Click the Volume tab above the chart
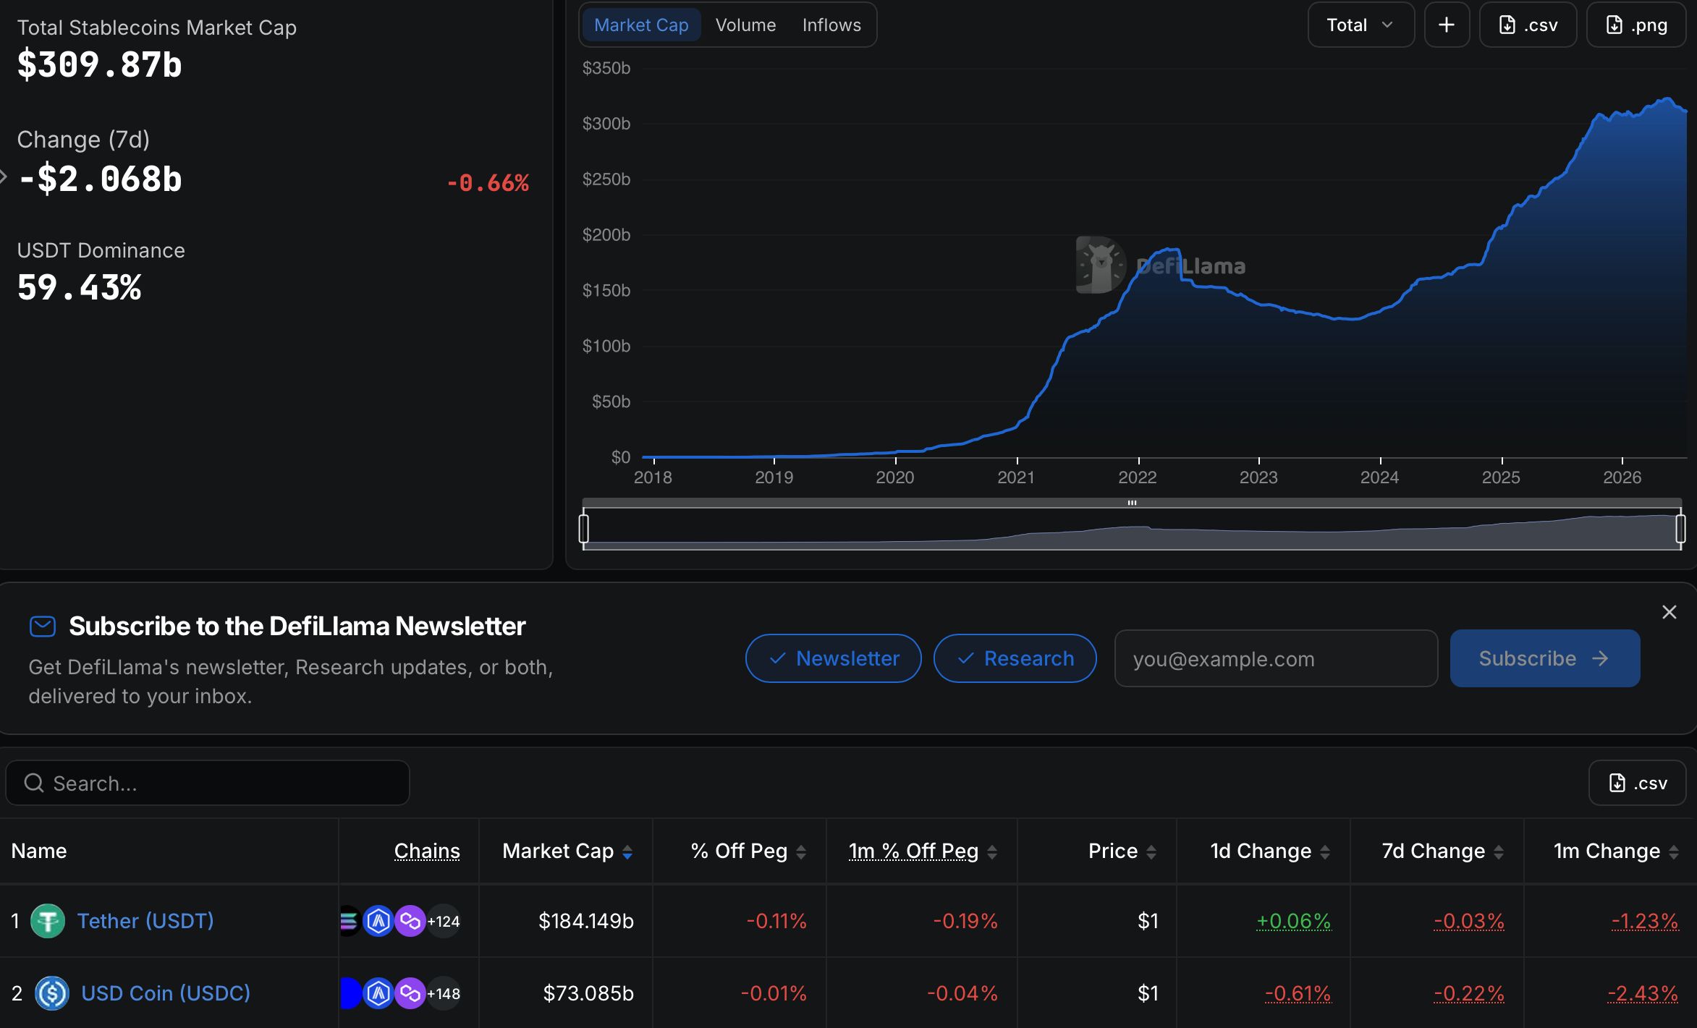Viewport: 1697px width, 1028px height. pos(745,25)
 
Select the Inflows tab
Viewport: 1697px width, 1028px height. pos(831,25)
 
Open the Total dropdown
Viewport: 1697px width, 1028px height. pos(1360,25)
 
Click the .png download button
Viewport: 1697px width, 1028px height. pos(1636,25)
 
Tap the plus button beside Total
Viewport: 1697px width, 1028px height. pos(1447,25)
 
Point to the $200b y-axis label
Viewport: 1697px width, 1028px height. pos(606,235)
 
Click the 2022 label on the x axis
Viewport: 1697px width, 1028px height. pos(1138,477)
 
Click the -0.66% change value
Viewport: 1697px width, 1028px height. pos(488,183)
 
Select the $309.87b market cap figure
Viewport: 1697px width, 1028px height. pos(100,64)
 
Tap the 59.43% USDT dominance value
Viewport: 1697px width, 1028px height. pos(80,287)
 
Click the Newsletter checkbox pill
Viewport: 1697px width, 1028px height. pos(834,658)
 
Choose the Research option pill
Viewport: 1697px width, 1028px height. pos(1015,658)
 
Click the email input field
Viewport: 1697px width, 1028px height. pos(1276,658)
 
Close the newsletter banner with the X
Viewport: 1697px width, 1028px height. pos(1670,613)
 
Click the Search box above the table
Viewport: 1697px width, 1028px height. pos(208,783)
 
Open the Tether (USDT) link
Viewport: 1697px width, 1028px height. pos(145,921)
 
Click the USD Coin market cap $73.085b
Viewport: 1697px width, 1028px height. pos(588,993)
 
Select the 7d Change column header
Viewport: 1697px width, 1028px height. pos(1434,851)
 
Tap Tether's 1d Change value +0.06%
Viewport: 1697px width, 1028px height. pos(1293,921)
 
